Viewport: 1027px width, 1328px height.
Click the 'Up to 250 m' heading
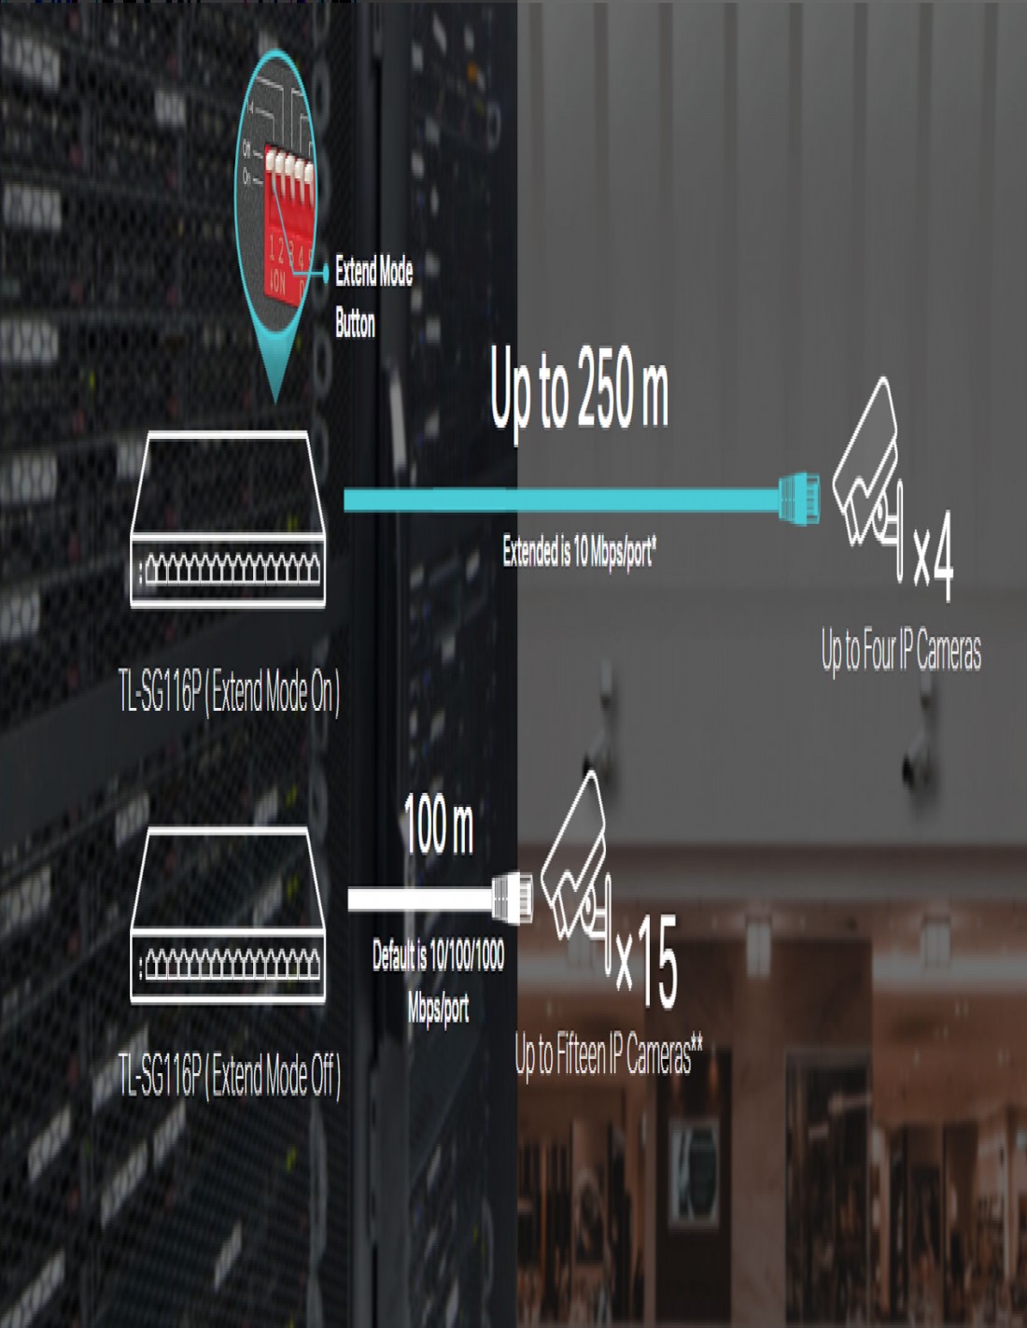coord(579,388)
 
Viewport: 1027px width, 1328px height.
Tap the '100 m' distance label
coord(439,826)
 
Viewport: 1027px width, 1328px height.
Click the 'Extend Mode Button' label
coord(373,297)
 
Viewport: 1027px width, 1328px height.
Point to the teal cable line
coord(560,500)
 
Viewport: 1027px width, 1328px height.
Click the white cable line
coord(420,899)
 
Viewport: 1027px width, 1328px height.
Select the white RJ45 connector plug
coord(513,897)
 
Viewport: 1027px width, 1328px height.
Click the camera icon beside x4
coord(868,472)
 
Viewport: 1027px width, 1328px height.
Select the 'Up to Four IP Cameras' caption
coord(901,651)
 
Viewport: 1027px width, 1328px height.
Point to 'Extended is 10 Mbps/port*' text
coord(579,552)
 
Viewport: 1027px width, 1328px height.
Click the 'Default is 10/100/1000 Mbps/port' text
coord(438,982)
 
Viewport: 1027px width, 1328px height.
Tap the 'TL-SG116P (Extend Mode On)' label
coord(230,692)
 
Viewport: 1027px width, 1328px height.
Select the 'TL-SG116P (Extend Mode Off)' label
coord(230,1076)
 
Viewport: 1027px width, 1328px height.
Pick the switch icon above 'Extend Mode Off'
coord(228,915)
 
